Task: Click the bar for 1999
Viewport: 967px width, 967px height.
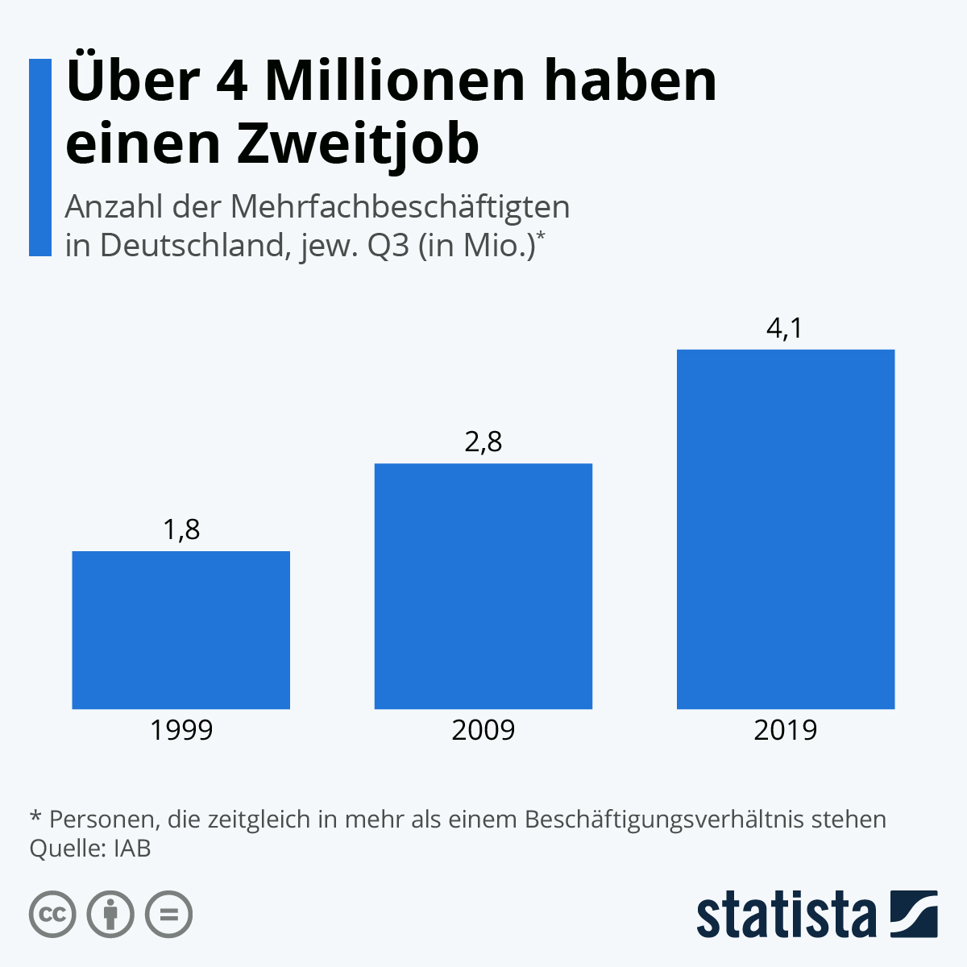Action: coord(181,630)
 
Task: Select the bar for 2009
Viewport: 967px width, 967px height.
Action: coord(483,586)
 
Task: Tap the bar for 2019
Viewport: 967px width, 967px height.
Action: coord(786,529)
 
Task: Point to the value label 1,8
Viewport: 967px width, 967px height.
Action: coord(181,530)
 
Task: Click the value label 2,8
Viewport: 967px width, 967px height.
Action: coord(483,442)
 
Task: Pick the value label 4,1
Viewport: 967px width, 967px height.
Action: coord(786,329)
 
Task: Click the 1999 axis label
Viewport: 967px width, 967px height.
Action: coord(181,730)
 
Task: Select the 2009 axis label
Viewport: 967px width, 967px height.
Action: coord(483,730)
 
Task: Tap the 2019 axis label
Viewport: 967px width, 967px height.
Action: coord(786,730)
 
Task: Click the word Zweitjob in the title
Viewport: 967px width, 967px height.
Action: coord(358,145)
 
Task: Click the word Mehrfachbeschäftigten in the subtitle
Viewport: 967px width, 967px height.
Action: coord(400,208)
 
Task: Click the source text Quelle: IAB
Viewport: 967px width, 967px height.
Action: coord(90,849)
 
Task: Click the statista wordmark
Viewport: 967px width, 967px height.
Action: coord(786,915)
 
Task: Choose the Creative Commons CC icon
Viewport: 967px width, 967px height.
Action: coord(52,915)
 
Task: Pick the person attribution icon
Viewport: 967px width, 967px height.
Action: coord(110,915)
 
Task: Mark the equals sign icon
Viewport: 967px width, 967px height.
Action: coord(168,915)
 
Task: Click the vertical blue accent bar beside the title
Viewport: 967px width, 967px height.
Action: coord(39,157)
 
